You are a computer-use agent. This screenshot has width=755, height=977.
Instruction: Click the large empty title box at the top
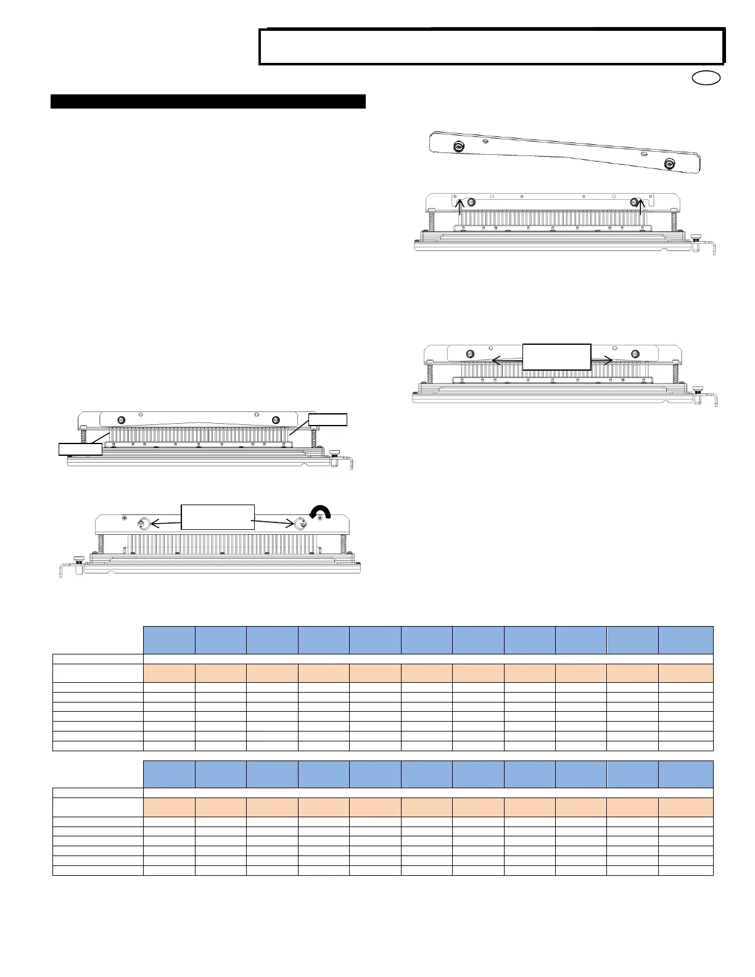click(491, 47)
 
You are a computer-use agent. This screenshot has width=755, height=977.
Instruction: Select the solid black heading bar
click(208, 101)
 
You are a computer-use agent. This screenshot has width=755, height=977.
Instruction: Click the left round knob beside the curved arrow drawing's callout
click(142, 524)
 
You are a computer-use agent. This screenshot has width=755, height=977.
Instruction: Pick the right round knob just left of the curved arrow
click(302, 524)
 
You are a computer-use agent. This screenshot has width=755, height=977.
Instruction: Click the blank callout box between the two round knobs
click(217, 517)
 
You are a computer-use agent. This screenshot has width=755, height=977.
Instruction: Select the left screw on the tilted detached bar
click(459, 147)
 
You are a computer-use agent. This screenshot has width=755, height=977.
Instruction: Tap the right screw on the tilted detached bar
click(669, 163)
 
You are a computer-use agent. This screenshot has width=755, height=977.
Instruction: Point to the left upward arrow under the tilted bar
click(460, 207)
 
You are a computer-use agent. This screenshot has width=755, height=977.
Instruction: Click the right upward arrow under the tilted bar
click(642, 207)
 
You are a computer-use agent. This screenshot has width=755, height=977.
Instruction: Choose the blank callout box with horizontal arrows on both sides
click(556, 357)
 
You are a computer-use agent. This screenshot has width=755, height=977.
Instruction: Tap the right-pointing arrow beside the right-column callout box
click(601, 360)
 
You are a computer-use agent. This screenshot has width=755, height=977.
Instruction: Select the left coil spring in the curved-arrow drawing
click(100, 545)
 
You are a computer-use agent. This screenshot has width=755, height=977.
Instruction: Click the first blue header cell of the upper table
click(169, 640)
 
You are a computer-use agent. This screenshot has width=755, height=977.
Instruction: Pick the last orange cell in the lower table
click(686, 807)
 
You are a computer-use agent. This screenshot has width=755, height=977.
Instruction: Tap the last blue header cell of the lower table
click(686, 774)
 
